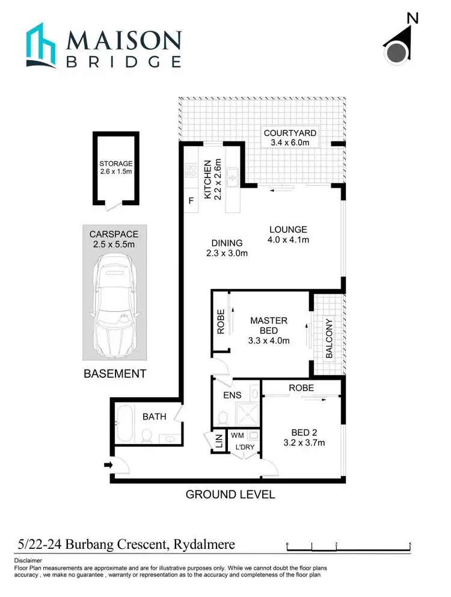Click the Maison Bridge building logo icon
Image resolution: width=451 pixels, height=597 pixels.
(43, 46)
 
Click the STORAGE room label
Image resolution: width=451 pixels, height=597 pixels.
(116, 163)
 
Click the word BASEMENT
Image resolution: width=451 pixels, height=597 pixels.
(114, 374)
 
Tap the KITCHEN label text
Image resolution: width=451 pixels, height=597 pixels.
(208, 179)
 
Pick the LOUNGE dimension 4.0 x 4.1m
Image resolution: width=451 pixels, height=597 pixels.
(288, 240)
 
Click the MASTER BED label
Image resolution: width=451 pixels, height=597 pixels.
(269, 326)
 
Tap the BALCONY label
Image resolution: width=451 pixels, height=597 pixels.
(329, 339)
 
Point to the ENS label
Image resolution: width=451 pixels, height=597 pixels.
(232, 395)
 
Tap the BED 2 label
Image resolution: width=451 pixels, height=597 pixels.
(304, 433)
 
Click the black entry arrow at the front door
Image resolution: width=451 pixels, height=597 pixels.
(108, 465)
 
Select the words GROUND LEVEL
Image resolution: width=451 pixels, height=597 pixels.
(230, 495)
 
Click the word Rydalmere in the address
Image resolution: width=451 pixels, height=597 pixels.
(204, 545)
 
